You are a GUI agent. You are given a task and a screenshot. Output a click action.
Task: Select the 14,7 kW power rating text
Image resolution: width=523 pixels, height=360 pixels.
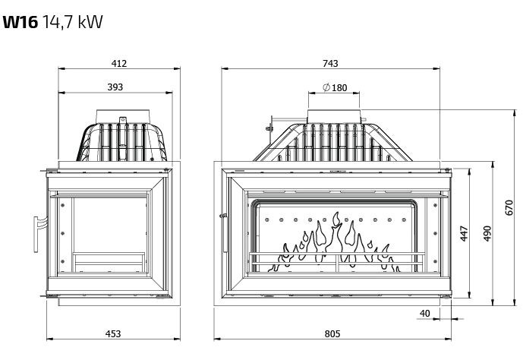point(73,21)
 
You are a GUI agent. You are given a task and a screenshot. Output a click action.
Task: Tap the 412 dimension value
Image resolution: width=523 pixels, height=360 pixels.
point(118,63)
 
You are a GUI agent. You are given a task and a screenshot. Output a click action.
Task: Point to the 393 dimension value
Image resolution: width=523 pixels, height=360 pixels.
point(115,87)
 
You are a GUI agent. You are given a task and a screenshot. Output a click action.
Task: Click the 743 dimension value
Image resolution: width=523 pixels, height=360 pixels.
point(330,63)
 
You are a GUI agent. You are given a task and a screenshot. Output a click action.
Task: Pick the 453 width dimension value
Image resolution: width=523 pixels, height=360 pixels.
point(112,333)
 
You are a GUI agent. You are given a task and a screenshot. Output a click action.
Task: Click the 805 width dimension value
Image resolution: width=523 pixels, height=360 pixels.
point(332,333)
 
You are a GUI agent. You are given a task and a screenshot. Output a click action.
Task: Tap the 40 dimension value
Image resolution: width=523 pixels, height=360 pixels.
point(424,313)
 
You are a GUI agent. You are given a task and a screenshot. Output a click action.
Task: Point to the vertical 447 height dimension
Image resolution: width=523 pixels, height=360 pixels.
point(465,234)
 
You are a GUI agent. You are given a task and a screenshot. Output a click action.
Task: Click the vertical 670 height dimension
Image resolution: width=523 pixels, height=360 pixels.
point(509,208)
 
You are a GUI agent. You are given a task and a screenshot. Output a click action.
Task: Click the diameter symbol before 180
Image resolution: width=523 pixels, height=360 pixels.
point(325,88)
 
